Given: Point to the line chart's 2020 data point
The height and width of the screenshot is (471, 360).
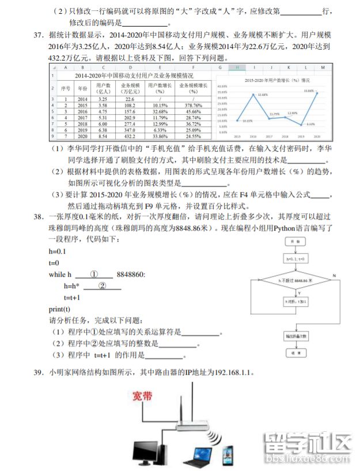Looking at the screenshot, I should coord(316,93).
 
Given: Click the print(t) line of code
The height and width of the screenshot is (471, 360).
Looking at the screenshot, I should coord(60,310).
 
